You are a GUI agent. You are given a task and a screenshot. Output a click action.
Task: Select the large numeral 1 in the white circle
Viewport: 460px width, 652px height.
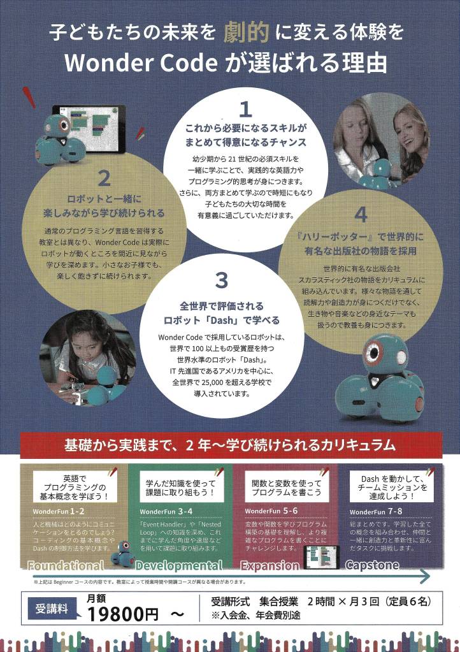pos(245,108)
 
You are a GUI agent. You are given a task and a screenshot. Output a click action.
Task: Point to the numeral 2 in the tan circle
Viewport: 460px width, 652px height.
pos(105,178)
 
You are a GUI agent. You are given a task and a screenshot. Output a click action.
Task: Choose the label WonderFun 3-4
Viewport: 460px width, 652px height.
pos(166,511)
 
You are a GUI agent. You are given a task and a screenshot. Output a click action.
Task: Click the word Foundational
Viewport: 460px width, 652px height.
pos(65,565)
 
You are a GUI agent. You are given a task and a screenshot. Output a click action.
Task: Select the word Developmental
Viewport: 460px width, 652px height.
pos(179,565)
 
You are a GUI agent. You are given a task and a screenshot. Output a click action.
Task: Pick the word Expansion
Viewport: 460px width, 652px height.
pos(270,565)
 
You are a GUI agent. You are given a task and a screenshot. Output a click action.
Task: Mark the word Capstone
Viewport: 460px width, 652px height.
pos(372,565)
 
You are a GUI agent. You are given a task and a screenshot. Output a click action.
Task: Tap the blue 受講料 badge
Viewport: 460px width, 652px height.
pos(52,607)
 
